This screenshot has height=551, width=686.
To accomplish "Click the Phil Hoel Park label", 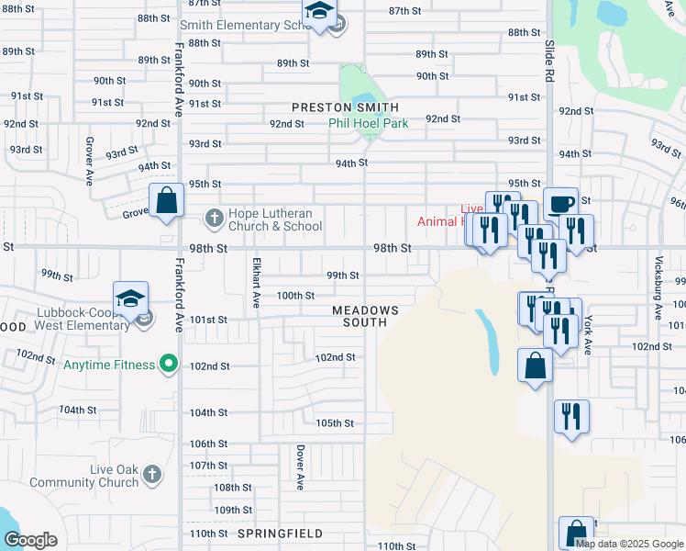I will tap(369, 122).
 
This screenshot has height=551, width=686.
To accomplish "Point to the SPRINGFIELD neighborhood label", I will tap(280, 534).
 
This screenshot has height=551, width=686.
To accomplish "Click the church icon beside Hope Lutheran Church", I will tap(214, 219).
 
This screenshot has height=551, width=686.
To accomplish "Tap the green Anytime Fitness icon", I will tap(168, 365).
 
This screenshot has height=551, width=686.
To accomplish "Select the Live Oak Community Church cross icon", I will tap(152, 475).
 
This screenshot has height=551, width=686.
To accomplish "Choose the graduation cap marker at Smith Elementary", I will tap(320, 13).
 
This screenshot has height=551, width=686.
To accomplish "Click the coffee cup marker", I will tap(560, 203).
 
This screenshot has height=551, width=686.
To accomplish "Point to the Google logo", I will tap(30, 540).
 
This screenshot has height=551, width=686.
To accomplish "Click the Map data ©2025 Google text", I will tap(629, 544).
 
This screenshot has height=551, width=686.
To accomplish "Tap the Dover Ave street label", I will tap(299, 463).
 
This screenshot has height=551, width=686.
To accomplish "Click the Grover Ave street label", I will tap(90, 159).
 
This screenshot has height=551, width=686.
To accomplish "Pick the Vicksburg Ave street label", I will tap(658, 296).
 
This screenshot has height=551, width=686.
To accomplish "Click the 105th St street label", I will tap(335, 423).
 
